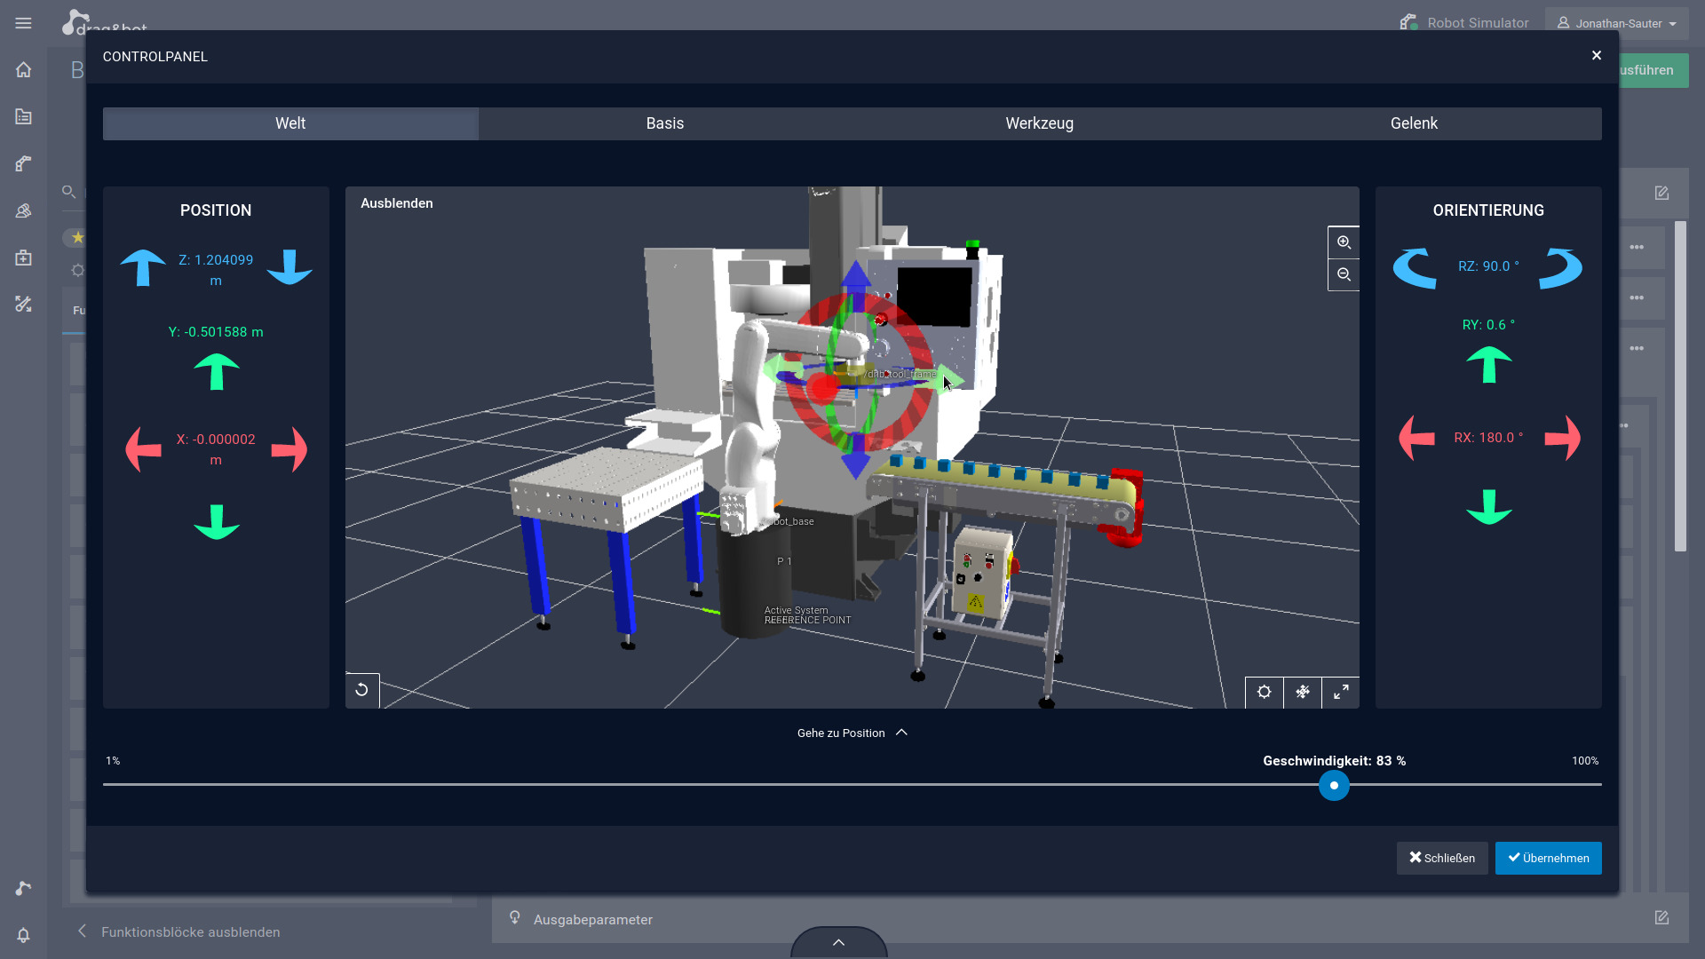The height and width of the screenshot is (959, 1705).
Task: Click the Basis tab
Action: pyautogui.click(x=664, y=123)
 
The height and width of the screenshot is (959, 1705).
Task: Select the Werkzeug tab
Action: pyautogui.click(x=1039, y=123)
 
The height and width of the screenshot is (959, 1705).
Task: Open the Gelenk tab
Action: pyautogui.click(x=1414, y=123)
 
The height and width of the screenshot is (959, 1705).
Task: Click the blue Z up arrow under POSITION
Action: pyautogui.click(x=143, y=267)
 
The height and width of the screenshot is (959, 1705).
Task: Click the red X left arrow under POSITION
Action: pyautogui.click(x=144, y=449)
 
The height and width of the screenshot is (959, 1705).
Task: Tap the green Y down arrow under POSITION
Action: pyautogui.click(x=217, y=522)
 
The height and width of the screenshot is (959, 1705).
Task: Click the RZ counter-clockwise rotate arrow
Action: pyautogui.click(x=1415, y=268)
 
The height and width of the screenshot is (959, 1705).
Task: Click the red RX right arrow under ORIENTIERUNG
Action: pyautogui.click(x=1562, y=438)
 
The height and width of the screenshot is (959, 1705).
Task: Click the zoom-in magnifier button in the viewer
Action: pyautogui.click(x=1344, y=242)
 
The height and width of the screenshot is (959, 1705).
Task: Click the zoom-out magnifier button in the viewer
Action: pyautogui.click(x=1344, y=275)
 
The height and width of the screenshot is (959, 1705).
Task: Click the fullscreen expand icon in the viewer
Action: pyautogui.click(x=1341, y=692)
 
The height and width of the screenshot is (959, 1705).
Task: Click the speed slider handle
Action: pyautogui.click(x=1334, y=786)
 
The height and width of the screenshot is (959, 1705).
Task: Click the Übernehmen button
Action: pyautogui.click(x=1548, y=858)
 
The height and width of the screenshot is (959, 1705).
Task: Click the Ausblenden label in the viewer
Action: pyautogui.click(x=397, y=203)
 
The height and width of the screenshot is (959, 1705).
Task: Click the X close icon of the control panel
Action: pyautogui.click(x=1597, y=56)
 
